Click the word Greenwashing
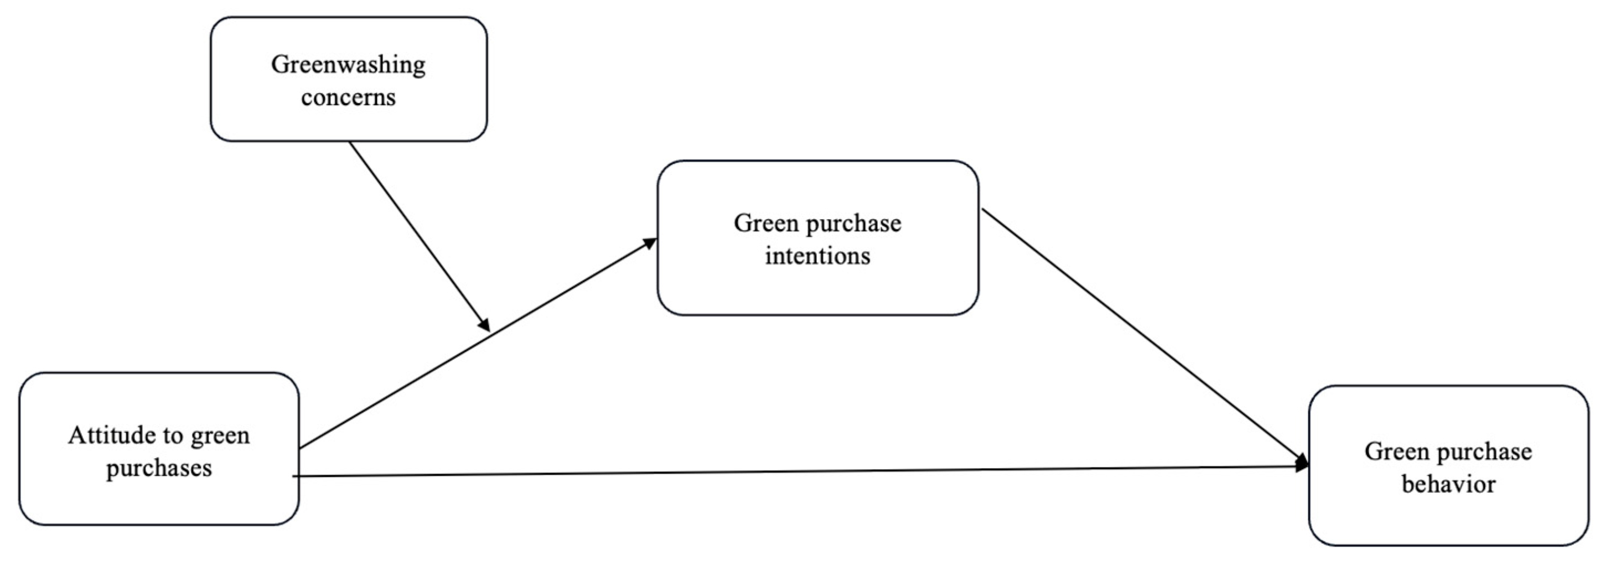(x=348, y=65)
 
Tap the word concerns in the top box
(x=348, y=97)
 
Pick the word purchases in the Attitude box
(x=159, y=468)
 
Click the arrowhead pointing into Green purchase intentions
(x=650, y=242)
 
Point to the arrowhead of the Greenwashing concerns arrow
(x=484, y=324)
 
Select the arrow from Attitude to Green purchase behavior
(x=798, y=471)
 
